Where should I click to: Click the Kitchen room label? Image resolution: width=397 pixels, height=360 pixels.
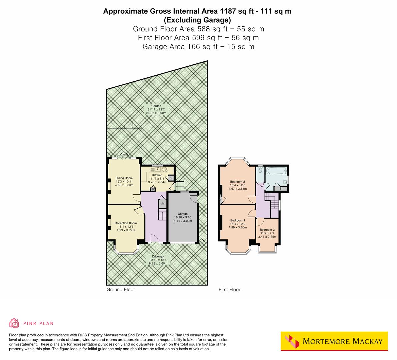pos(157,175)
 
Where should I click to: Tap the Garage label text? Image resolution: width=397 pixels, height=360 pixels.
pos(182,214)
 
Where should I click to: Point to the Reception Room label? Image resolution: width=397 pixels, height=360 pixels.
pos(126,223)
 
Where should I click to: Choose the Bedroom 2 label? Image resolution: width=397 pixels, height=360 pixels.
pos(237,182)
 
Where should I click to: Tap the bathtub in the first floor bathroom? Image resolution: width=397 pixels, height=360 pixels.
pos(276,171)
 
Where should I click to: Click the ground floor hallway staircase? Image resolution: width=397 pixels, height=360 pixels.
pos(162,215)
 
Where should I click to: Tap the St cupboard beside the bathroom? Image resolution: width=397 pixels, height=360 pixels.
pos(281,189)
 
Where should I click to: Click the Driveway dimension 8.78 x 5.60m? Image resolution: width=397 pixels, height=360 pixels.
pos(158,263)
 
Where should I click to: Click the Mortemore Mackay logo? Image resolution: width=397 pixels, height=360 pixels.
pos(334,341)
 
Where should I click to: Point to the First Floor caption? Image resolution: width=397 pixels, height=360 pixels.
pos(229,290)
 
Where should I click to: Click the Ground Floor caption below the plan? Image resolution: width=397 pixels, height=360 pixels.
pos(121,290)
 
